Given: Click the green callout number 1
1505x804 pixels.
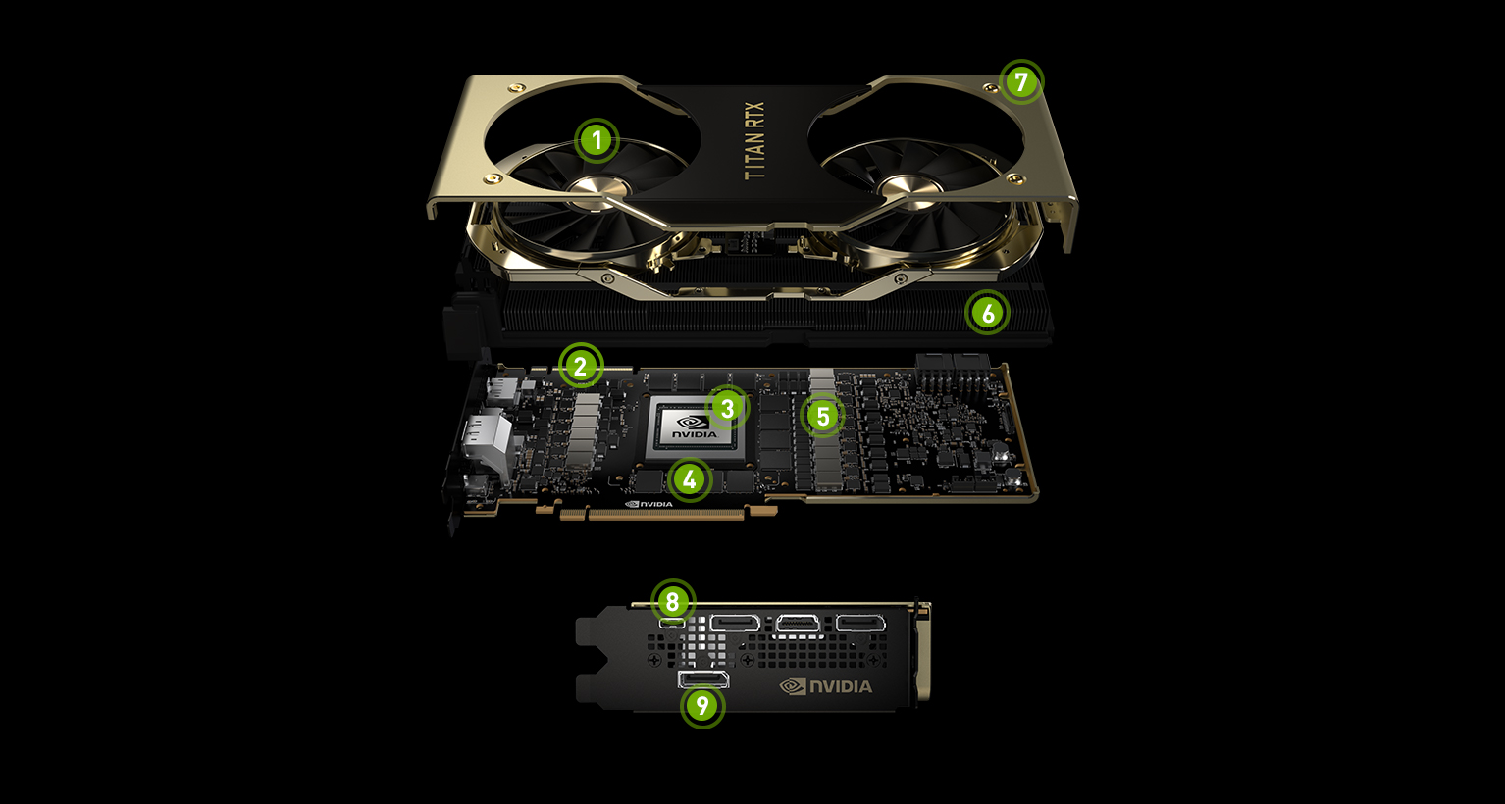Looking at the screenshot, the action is pyautogui.click(x=596, y=141).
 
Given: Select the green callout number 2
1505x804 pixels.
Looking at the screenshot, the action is pyautogui.click(x=581, y=366).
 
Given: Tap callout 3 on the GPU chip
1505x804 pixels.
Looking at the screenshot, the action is pyautogui.click(x=727, y=408).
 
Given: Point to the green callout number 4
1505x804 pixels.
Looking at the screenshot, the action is pyautogui.click(x=690, y=479).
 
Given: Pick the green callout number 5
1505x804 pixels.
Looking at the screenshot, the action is pyautogui.click(x=822, y=416).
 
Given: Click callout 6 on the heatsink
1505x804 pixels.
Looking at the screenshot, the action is pyautogui.click(x=987, y=313).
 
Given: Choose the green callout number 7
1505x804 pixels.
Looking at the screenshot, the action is pyautogui.click(x=1021, y=82).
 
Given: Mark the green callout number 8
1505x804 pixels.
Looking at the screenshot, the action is pyautogui.click(x=673, y=601).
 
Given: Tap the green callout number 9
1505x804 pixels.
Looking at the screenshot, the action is pyautogui.click(x=702, y=705).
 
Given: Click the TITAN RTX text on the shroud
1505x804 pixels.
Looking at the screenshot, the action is pyautogui.click(x=754, y=141).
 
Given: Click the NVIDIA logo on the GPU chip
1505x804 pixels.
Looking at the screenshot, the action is pyautogui.click(x=694, y=427).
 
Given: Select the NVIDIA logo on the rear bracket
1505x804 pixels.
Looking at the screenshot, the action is pyautogui.click(x=826, y=686).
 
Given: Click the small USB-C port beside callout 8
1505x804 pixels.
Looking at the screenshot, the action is pyautogui.click(x=673, y=623).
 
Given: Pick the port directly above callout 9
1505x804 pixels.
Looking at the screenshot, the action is pyautogui.click(x=703, y=679).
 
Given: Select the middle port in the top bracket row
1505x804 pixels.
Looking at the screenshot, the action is pyautogui.click(x=799, y=626).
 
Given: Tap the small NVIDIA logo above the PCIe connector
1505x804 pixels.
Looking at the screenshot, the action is pyautogui.click(x=649, y=504).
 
